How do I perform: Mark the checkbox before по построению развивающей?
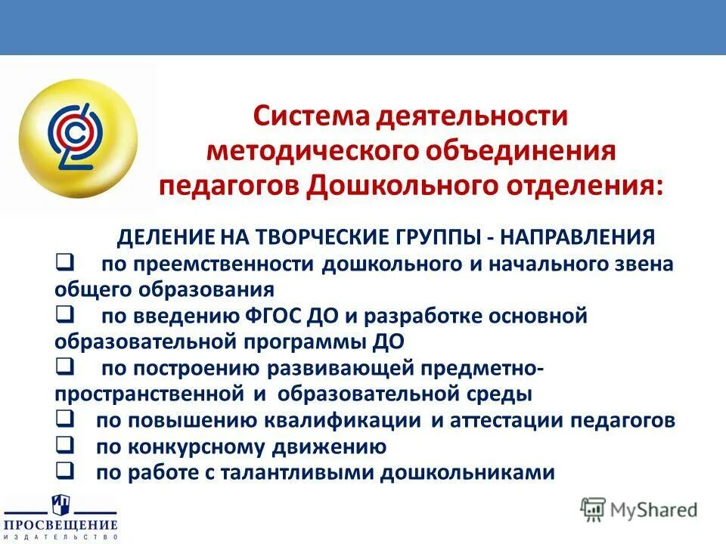point(64,366)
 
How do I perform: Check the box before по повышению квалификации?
point(64,419)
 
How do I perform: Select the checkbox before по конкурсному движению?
point(64,445)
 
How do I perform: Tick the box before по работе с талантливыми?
point(64,471)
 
